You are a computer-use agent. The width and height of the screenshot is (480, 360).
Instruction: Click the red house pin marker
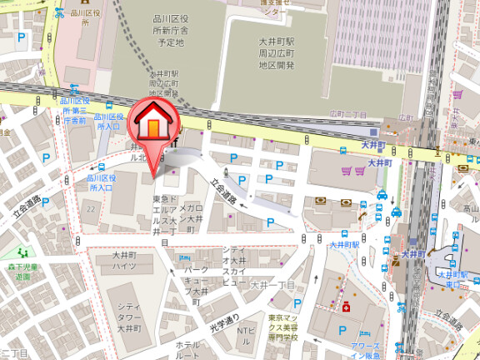(152, 125)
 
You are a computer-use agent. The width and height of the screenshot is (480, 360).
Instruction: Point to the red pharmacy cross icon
(345, 307)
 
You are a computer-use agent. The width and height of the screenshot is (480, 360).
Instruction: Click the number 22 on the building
(89, 207)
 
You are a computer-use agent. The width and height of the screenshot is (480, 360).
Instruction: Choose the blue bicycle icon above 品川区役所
(59, 13)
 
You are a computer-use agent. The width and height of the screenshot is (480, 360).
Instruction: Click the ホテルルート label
(187, 350)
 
